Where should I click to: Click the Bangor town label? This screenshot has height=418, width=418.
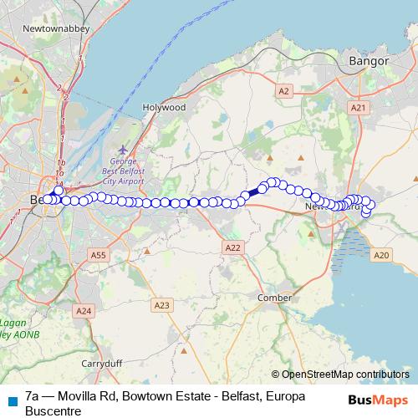(x=369, y=61)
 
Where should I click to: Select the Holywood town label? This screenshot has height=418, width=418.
(x=164, y=108)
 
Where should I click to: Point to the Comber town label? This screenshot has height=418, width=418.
(x=274, y=298)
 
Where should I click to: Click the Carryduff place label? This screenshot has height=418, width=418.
(x=102, y=364)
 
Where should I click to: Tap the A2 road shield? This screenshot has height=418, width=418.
(x=283, y=90)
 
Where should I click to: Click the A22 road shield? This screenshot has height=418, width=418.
(x=233, y=247)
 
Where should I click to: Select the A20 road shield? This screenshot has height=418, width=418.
(x=381, y=255)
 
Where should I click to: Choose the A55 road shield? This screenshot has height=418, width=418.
(x=99, y=255)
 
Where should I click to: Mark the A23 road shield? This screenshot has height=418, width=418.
(x=162, y=306)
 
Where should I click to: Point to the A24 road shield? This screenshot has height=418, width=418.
(x=83, y=311)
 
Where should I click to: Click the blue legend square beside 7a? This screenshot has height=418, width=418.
(x=13, y=400)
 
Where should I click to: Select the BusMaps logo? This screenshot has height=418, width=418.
(x=377, y=399)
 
